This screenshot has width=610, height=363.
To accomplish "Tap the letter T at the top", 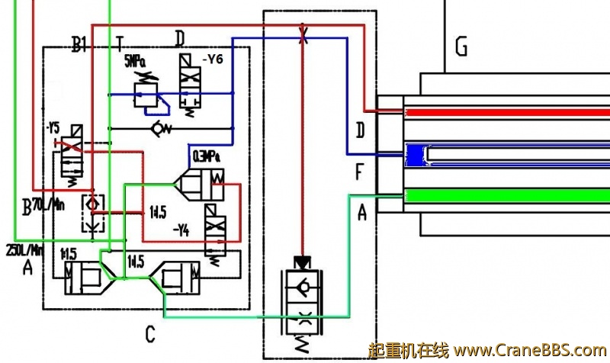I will (120, 40).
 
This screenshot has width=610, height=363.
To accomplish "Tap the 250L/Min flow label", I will (23, 249).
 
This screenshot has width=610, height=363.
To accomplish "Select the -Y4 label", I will (181, 228).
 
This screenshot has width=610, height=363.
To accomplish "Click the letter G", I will (461, 48).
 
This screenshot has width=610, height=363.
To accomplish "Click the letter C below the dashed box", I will (150, 334).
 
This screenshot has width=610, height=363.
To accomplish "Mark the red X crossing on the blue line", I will (303, 36).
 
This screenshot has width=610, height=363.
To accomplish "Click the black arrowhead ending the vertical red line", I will (303, 262).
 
